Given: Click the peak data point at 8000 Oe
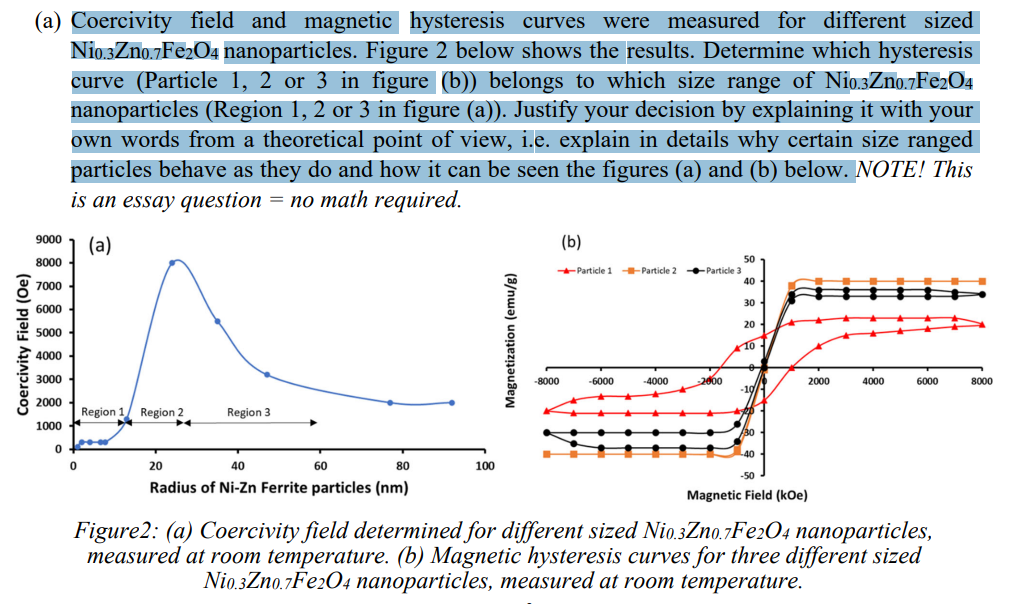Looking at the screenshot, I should [x=173, y=262].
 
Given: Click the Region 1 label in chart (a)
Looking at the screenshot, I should [x=102, y=412].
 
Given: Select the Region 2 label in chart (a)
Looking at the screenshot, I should [x=162, y=412].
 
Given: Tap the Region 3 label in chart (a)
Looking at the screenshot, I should [x=248, y=412].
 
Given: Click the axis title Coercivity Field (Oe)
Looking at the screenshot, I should [x=22, y=346].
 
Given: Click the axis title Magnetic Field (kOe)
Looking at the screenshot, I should [x=747, y=495].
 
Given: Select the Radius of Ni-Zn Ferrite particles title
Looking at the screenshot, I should [x=278, y=488].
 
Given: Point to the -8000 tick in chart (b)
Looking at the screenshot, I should [x=547, y=382].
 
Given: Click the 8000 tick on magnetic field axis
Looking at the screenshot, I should [x=980, y=382].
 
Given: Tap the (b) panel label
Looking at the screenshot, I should [x=571, y=242].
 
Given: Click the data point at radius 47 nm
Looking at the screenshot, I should [x=267, y=374].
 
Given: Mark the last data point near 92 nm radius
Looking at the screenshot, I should [x=452, y=402].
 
